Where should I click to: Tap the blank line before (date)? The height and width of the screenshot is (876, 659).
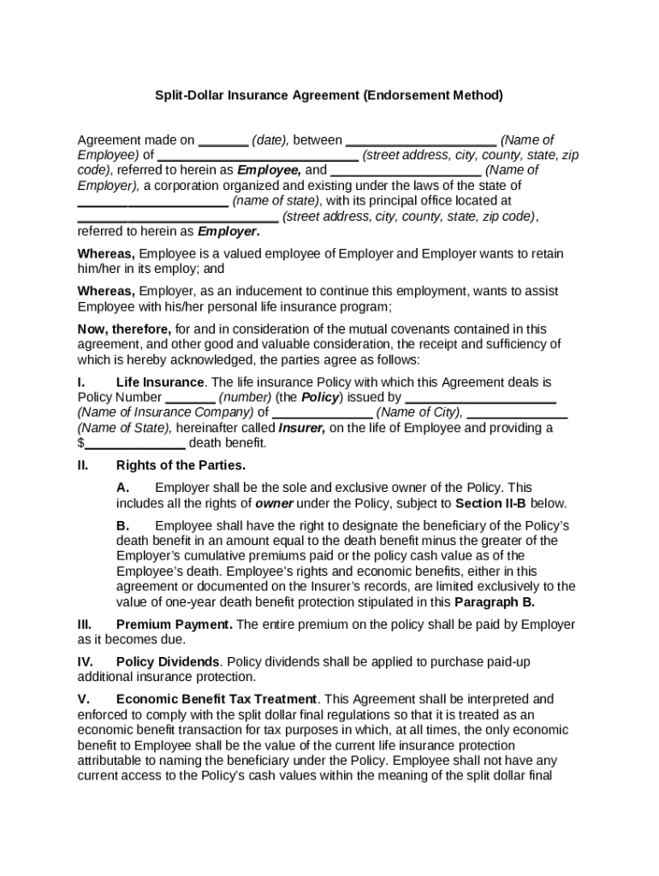pyautogui.click(x=223, y=141)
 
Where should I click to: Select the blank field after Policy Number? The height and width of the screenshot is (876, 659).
pyautogui.click(x=189, y=399)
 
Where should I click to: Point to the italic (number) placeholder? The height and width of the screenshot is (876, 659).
pyautogui.click(x=244, y=398)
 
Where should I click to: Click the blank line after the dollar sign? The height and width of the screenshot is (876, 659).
pyautogui.click(x=135, y=444)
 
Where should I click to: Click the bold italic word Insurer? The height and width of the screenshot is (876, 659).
pyautogui.click(x=301, y=429)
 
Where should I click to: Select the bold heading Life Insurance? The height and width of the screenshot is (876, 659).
pyautogui.click(x=160, y=382)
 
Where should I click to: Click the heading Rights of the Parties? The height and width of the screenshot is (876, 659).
pyautogui.click(x=181, y=466)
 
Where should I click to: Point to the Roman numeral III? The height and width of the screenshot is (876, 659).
pyautogui.click(x=85, y=625)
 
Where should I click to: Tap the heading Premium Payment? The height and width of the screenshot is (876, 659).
pyautogui.click(x=174, y=625)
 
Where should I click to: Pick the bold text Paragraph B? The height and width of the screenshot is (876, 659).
pyautogui.click(x=496, y=602)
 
